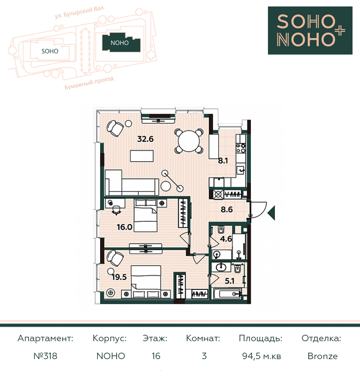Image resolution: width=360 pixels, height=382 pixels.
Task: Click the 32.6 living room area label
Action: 145,139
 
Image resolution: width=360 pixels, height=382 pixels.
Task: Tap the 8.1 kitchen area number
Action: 223,161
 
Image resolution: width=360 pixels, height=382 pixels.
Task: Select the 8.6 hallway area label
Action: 227,209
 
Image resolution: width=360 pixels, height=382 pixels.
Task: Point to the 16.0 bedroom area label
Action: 124,227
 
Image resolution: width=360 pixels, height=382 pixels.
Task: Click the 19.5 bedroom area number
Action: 120,277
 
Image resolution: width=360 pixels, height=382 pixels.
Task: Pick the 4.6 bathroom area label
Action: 226,239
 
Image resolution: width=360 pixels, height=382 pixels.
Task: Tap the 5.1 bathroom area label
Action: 230,281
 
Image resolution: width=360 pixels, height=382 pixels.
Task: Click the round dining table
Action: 189,141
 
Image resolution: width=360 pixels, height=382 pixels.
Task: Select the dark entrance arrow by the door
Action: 271,213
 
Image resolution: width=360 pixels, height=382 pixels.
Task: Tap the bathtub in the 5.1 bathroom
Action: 228,294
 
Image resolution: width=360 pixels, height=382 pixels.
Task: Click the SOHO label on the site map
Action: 50,51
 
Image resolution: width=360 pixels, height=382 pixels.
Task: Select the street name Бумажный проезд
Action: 89,83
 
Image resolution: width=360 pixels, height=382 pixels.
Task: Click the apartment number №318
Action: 45,356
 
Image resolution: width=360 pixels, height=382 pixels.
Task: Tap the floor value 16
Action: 156,356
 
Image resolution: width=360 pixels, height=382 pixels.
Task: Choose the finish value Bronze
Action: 323,356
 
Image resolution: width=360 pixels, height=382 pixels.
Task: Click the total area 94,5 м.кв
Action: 261,356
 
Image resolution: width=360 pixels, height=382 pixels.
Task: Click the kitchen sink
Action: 240,170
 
